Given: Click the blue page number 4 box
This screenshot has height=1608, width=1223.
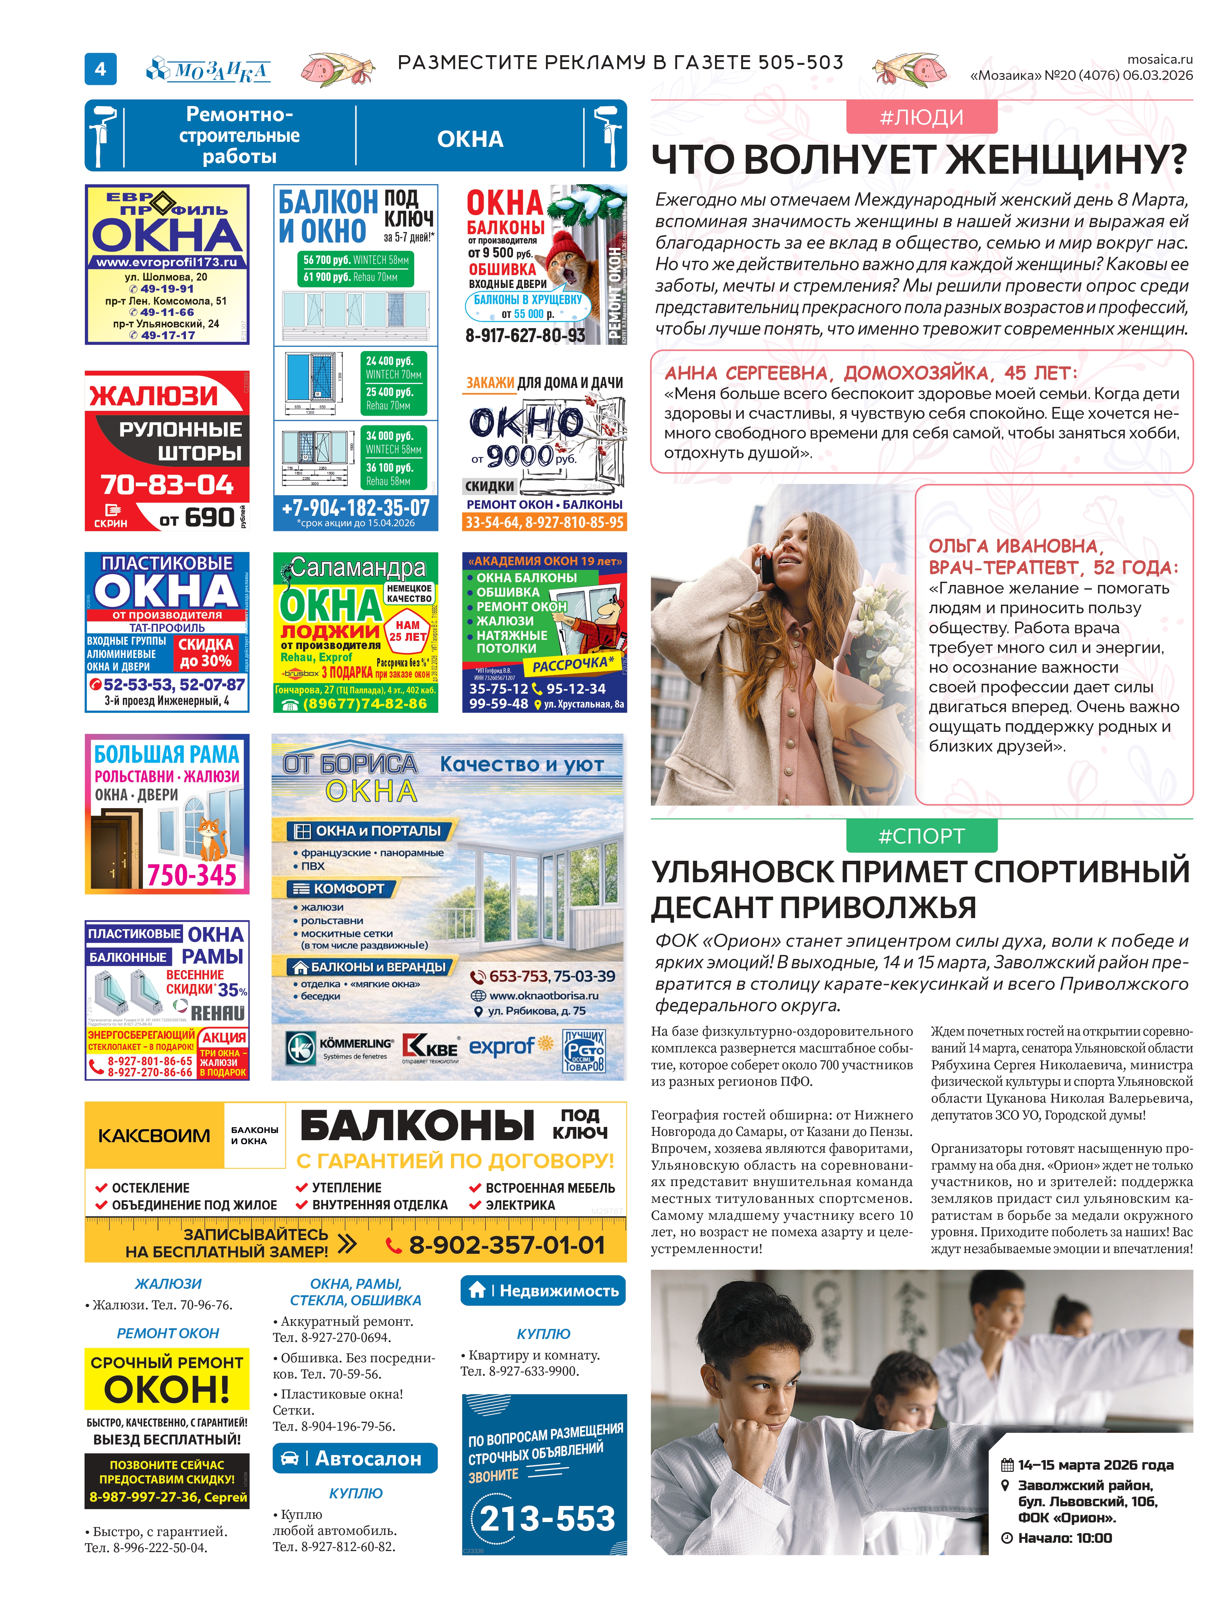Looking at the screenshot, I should click(x=100, y=69).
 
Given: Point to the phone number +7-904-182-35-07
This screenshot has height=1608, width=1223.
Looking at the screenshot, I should click(x=355, y=507).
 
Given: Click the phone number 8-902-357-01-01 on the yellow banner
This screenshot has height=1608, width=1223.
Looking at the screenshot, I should click(x=506, y=1245).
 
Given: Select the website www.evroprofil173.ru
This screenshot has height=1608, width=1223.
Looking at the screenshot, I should click(x=167, y=262).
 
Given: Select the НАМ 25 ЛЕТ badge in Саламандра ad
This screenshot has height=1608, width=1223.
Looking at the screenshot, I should click(x=408, y=630).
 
